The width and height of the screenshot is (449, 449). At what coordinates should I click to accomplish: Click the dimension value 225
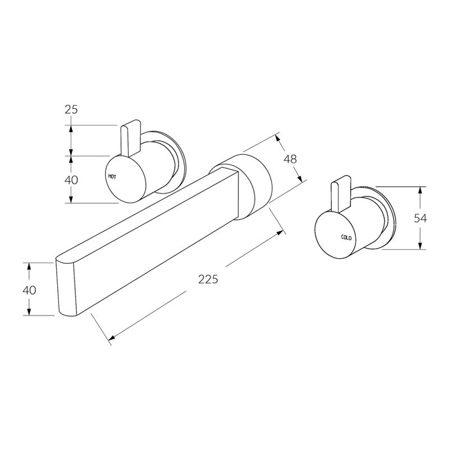pyautogui.click(x=207, y=279)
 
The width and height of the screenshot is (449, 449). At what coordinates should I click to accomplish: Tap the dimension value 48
pyautogui.click(x=290, y=159)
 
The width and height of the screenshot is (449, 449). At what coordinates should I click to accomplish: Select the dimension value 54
pyautogui.click(x=421, y=218)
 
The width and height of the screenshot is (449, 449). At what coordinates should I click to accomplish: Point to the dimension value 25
pyautogui.click(x=71, y=109)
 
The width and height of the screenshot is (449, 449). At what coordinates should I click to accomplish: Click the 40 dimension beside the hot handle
pyautogui.click(x=71, y=180)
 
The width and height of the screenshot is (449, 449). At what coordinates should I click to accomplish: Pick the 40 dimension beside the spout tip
pyautogui.click(x=29, y=290)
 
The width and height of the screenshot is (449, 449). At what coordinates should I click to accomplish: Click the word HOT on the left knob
pyautogui.click(x=112, y=176)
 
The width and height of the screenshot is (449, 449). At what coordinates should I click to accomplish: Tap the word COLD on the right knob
pyautogui.click(x=346, y=238)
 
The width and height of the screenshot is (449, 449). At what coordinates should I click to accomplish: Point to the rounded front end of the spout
pyautogui.click(x=66, y=288)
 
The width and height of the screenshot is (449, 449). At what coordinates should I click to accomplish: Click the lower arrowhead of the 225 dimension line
pyautogui.click(x=111, y=338)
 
